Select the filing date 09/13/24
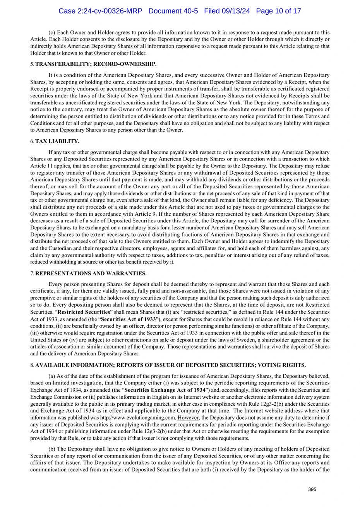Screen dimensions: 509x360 click(x=235, y=11)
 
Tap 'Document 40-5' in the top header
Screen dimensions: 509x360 click(x=173, y=11)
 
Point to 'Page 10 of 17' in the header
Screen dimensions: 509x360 click(x=278, y=11)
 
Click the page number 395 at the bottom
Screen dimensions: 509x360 click(x=312, y=489)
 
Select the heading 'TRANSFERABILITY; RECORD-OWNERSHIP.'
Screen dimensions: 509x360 click(x=96, y=64)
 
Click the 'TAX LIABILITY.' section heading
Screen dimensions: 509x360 click(x=57, y=142)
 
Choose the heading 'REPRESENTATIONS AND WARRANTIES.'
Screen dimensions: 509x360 click(x=91, y=274)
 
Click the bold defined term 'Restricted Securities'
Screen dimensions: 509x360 click(x=84, y=312)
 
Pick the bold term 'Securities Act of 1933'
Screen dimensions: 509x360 click(x=128, y=319)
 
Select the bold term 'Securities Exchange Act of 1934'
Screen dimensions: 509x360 click(x=165, y=390)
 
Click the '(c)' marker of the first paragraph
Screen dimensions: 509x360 click(x=52, y=32)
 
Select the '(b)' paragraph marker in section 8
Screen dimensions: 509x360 click(x=52, y=449)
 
